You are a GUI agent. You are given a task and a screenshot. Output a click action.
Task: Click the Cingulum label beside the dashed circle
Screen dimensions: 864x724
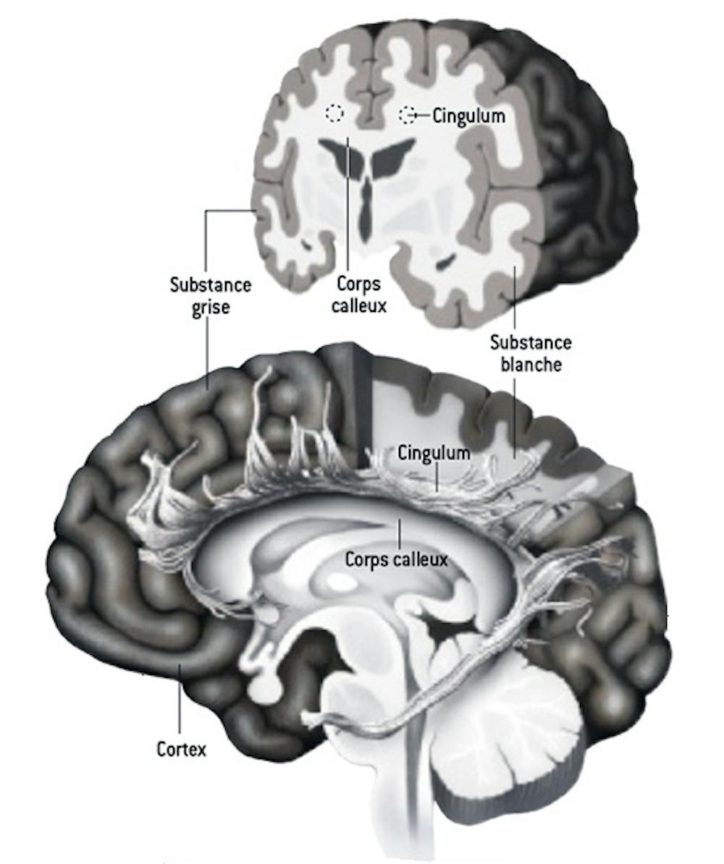pos(468,115)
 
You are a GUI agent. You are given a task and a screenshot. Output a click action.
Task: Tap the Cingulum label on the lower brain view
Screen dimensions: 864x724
pos(434,454)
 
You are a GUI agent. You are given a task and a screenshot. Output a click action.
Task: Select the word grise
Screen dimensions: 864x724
pos(211,306)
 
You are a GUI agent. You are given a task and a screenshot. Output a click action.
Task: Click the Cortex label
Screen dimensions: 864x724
pos(181,749)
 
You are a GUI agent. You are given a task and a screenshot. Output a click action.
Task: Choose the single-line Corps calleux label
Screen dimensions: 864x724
pos(397,559)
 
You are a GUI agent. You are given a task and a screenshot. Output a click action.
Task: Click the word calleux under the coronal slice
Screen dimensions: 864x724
pos(358,306)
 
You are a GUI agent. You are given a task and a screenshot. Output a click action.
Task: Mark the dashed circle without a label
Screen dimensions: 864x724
pos(334,113)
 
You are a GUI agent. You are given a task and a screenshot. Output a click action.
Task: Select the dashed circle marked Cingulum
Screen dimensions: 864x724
pos(408,114)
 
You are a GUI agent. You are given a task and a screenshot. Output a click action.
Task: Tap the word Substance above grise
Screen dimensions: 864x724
pos(211,284)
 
